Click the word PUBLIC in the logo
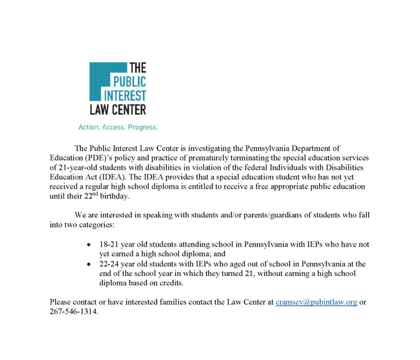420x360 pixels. coord(129,82)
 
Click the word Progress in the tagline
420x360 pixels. coord(143,128)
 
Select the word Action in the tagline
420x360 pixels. coord(89,128)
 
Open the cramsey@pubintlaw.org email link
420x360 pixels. coord(316,302)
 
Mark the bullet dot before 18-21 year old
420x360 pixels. coord(89,245)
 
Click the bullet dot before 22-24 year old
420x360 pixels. coord(89,264)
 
